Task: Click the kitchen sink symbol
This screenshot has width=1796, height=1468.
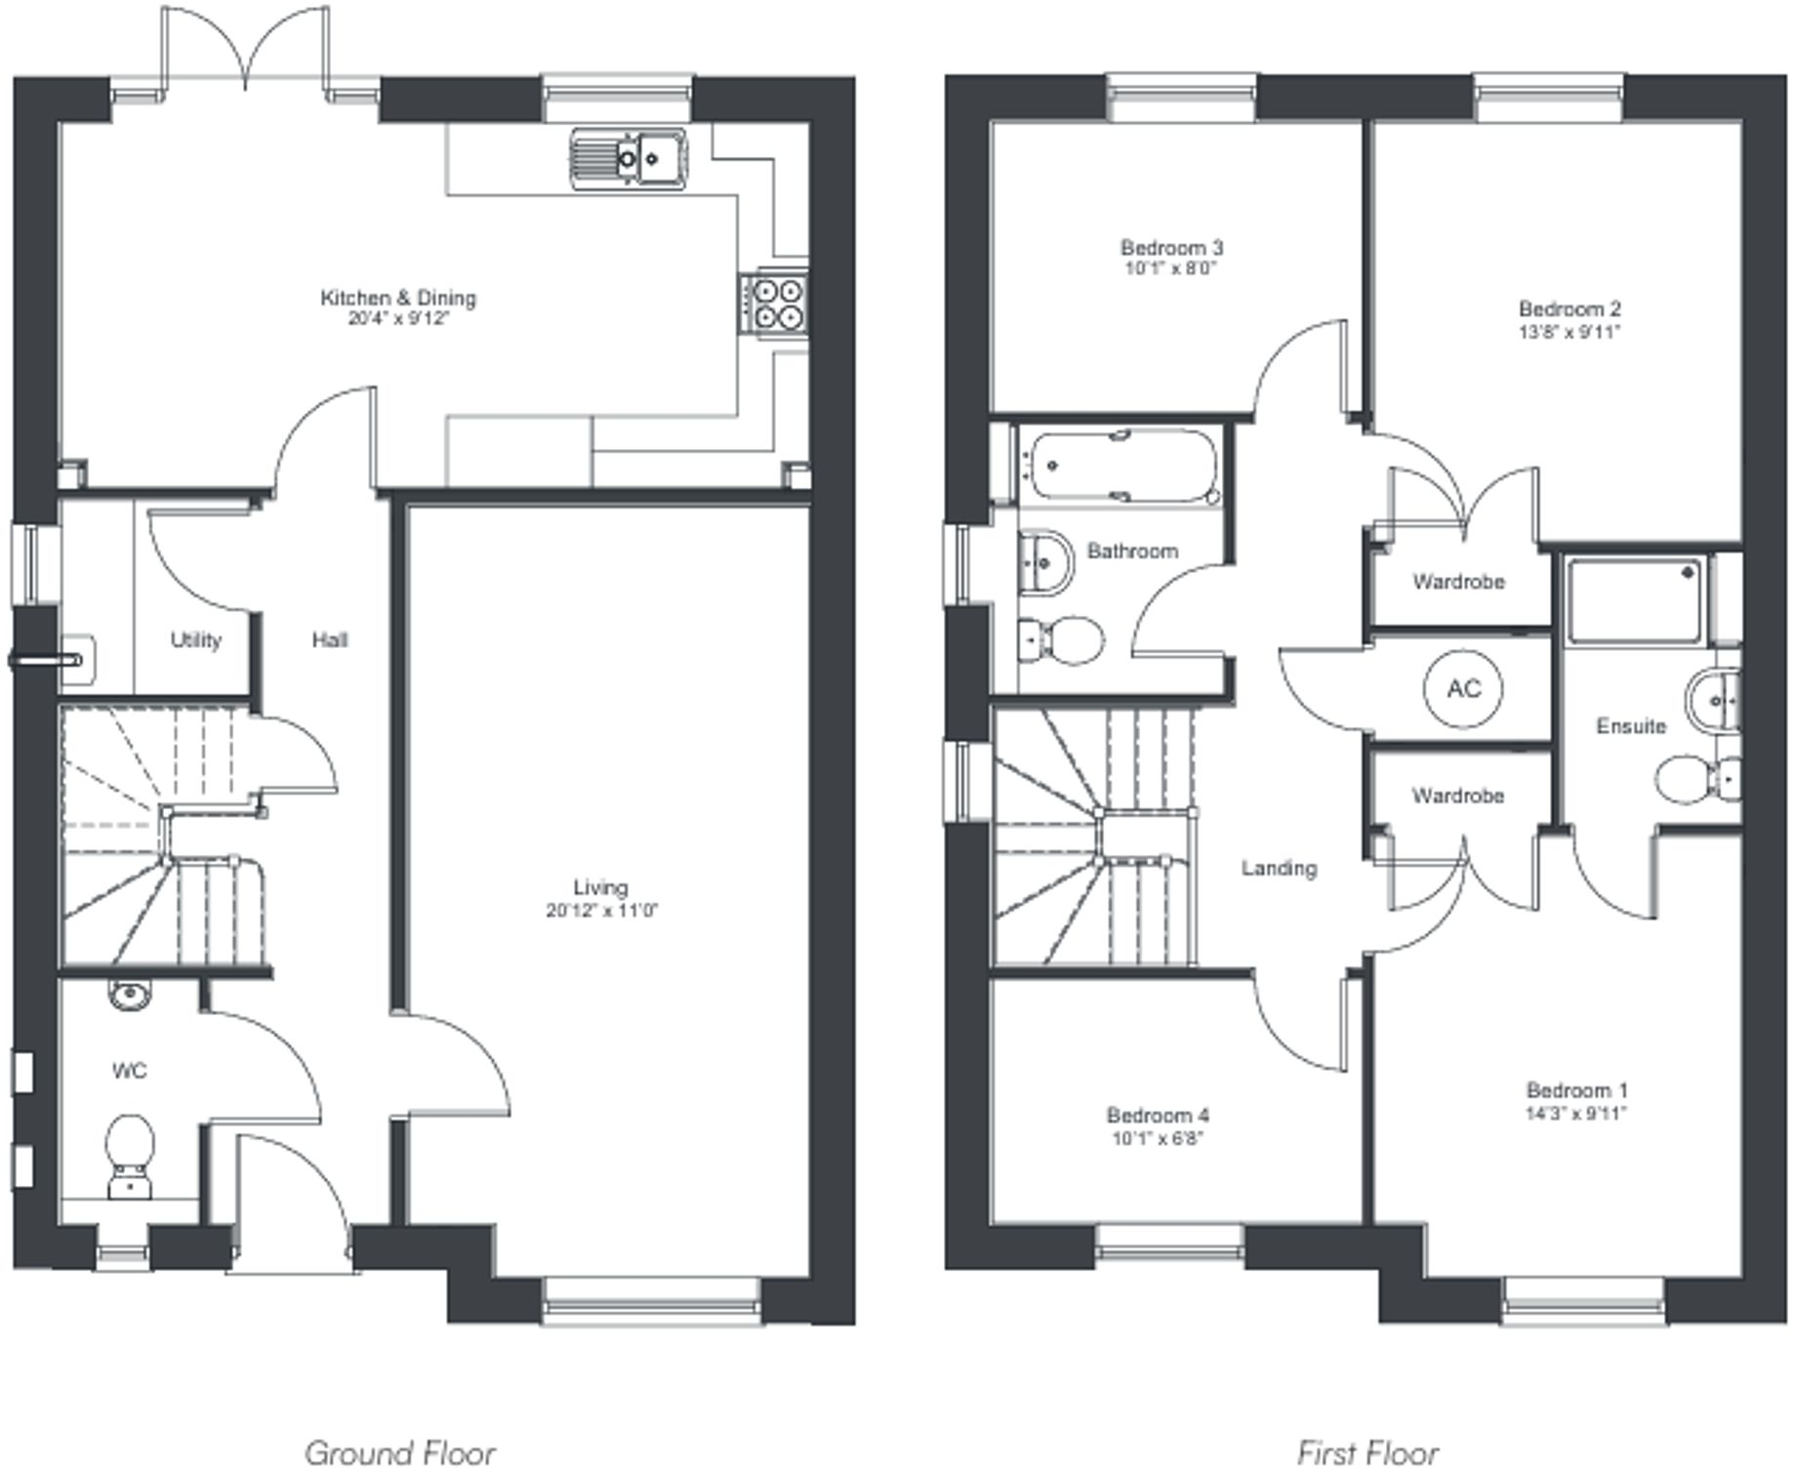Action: click(629, 156)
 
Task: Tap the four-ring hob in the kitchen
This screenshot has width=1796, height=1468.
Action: click(775, 303)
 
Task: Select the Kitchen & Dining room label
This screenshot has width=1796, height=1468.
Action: click(398, 298)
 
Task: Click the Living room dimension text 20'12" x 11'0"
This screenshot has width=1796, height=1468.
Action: click(602, 911)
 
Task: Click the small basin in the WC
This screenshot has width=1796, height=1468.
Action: click(129, 995)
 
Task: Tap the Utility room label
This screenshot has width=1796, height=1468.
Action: click(195, 639)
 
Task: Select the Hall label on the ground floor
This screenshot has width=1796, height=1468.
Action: click(330, 640)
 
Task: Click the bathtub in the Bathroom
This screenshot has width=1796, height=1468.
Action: click(1122, 467)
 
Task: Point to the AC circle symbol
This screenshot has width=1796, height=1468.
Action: click(1463, 689)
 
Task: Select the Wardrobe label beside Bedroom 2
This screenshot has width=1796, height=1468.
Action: click(1458, 582)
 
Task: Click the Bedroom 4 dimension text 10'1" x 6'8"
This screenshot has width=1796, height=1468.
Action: click(1158, 1138)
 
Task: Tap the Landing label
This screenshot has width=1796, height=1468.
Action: click(1279, 868)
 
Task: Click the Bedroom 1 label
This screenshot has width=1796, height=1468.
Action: click(1576, 1090)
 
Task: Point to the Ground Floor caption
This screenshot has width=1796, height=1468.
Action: click(400, 1451)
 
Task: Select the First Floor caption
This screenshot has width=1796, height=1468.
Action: click(1368, 1451)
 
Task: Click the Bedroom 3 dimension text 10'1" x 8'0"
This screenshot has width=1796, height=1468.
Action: click(1171, 268)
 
